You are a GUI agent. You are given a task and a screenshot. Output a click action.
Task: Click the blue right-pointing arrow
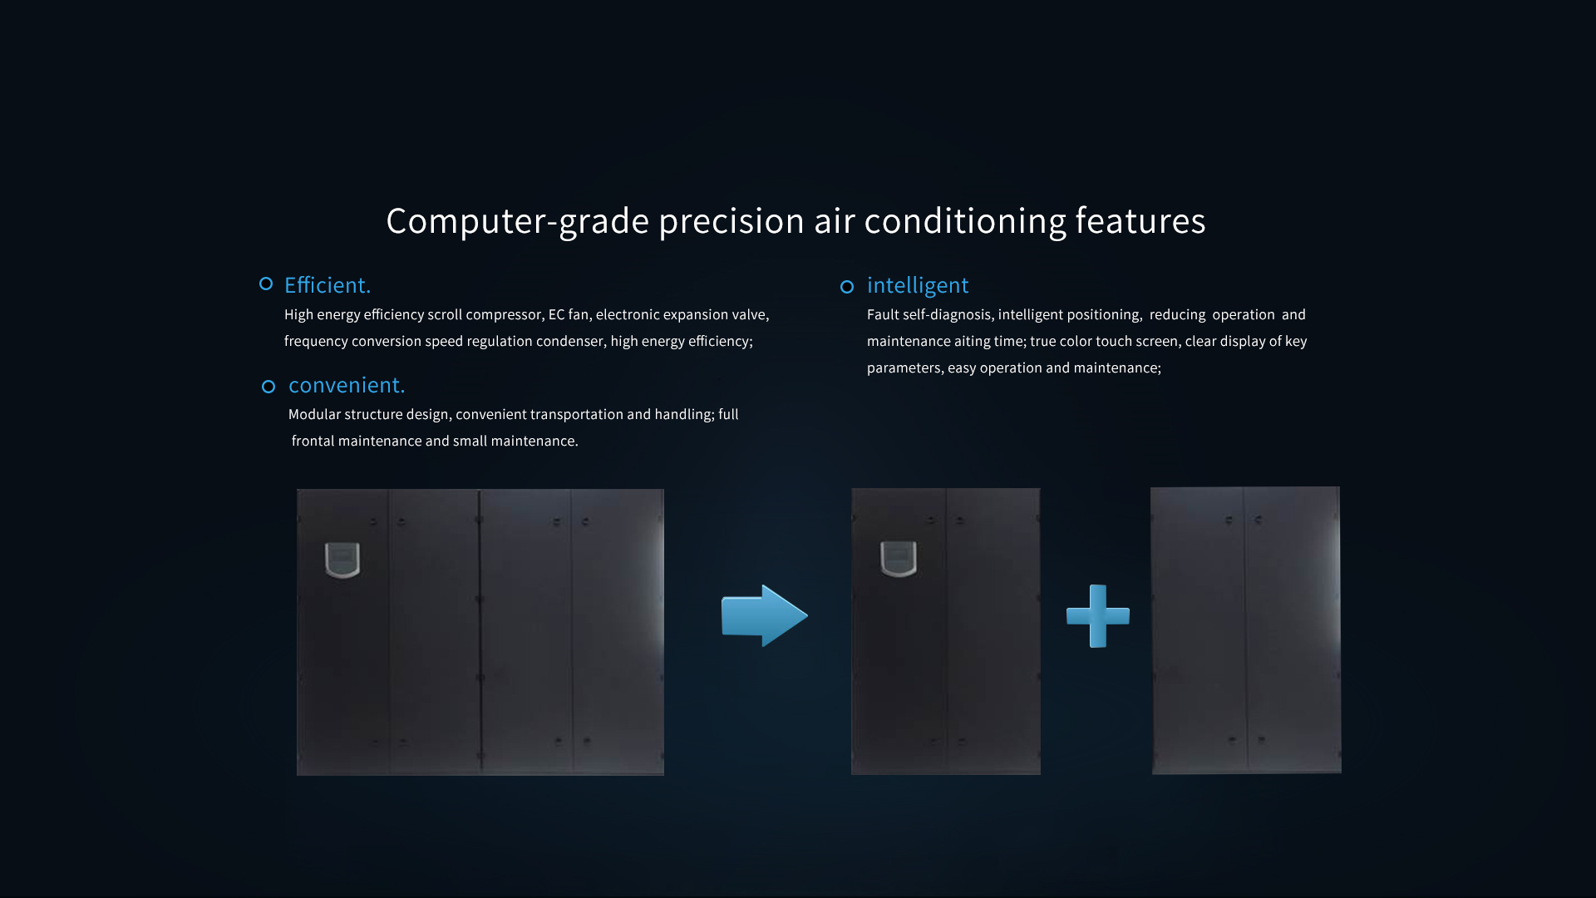tap(764, 616)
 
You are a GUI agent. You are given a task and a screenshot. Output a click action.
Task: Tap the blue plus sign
tap(1098, 616)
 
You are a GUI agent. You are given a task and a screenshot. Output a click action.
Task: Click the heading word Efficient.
tap(328, 285)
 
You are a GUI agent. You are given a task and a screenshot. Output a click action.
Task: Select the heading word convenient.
tap(347, 385)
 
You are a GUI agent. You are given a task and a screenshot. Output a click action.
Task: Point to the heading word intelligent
tap(918, 285)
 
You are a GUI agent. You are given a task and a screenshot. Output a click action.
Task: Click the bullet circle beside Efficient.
tap(266, 284)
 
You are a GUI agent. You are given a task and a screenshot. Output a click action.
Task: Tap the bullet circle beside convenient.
tap(268, 387)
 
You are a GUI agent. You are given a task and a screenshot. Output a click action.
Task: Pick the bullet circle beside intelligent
tap(847, 287)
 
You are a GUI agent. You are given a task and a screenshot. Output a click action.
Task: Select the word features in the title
tap(1140, 220)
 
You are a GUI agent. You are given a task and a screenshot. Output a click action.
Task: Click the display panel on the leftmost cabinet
tap(342, 560)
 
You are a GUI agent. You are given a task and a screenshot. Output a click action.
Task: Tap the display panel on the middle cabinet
tap(899, 559)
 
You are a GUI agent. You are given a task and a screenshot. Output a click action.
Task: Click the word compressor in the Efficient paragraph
tap(504, 315)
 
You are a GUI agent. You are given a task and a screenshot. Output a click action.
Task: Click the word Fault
tap(883, 314)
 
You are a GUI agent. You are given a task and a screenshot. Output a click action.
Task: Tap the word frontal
tap(313, 441)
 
